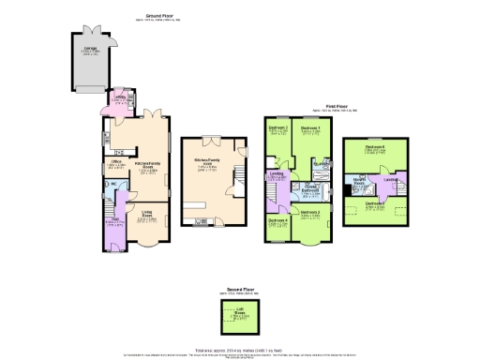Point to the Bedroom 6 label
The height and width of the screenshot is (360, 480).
pyautogui.click(x=375, y=148)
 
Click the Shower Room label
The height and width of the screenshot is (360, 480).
pyautogui.click(x=358, y=182)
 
